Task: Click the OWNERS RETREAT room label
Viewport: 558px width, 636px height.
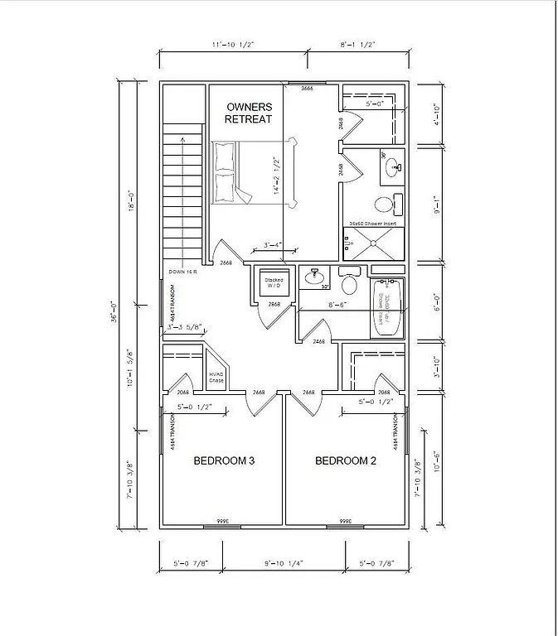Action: (x=249, y=113)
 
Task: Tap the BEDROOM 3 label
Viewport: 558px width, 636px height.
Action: (x=224, y=461)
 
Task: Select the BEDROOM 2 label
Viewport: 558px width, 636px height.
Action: (x=346, y=461)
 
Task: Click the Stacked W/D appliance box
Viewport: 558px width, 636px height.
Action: (x=274, y=282)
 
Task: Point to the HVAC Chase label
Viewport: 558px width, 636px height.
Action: (x=217, y=378)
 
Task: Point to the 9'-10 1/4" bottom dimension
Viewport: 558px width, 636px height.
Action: (x=284, y=564)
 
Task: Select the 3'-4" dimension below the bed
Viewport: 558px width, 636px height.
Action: (x=273, y=245)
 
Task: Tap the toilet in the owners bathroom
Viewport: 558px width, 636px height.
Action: (x=385, y=204)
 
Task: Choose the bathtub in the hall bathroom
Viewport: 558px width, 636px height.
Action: (x=386, y=310)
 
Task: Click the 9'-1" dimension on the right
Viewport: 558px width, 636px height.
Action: (x=437, y=202)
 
